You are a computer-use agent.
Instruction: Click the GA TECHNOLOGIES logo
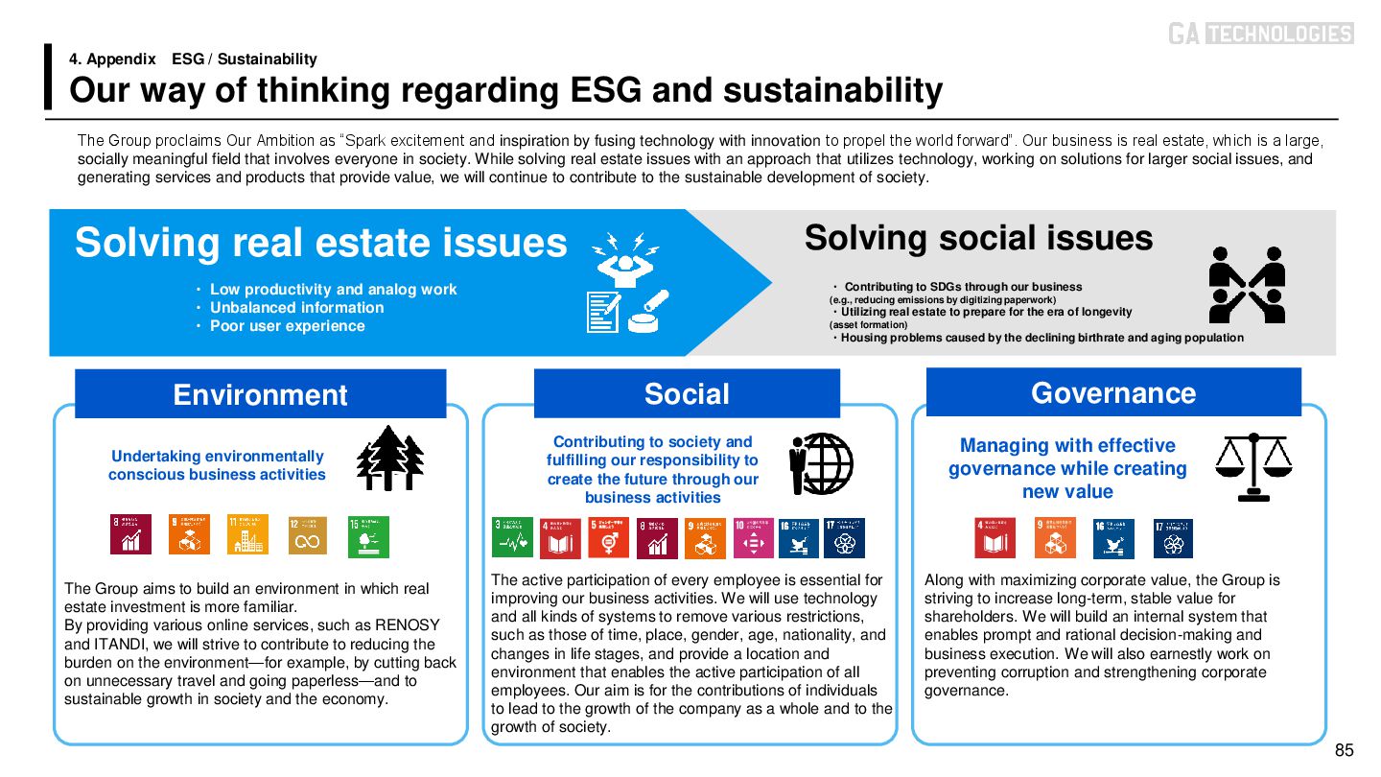click(1260, 34)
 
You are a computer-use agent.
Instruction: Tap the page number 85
click(1344, 750)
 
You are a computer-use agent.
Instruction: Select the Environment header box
click(260, 394)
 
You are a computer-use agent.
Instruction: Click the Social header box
click(687, 393)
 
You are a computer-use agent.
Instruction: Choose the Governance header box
click(1112, 392)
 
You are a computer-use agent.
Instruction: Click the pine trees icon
click(389, 459)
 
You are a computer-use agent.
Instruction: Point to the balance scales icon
click(1252, 466)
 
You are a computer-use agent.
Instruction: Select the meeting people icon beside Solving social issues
click(1246, 285)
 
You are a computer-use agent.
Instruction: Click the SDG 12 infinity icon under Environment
click(308, 535)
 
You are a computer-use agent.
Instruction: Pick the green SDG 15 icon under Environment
click(368, 535)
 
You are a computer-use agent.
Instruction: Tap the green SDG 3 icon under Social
click(512, 538)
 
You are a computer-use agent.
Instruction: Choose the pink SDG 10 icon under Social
click(753, 538)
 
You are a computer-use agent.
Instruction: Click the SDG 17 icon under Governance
click(1173, 538)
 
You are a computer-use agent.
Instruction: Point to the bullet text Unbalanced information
click(296, 308)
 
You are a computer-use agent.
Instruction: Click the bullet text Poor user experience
click(287, 326)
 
